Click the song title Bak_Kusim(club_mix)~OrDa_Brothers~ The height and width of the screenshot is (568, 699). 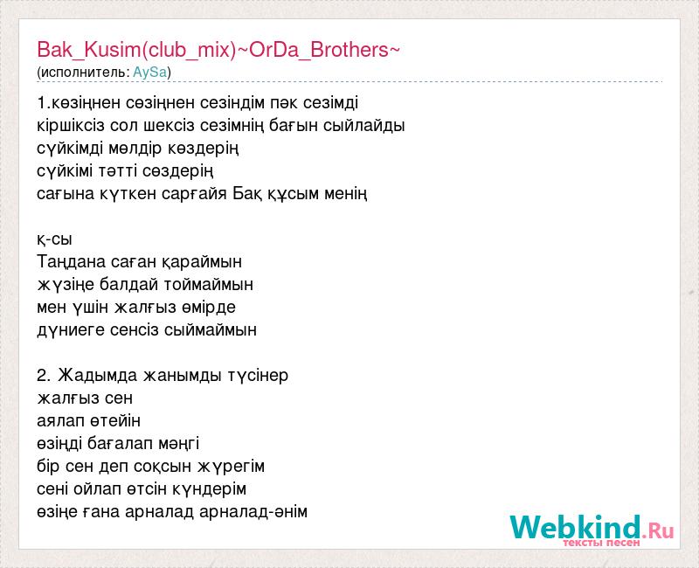coord(218,50)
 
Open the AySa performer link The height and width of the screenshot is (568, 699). coord(150,73)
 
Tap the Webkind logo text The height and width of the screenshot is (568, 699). coord(576,527)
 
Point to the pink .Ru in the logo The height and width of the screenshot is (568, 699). coord(658,530)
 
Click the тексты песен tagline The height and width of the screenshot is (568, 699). coord(601,543)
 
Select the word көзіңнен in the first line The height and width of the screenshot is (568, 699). coord(86,103)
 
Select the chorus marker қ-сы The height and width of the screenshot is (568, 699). coord(54,239)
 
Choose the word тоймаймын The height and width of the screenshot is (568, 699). coord(209,285)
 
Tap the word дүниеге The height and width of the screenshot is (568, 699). coord(71,330)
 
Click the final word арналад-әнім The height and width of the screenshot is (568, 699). coord(253,512)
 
